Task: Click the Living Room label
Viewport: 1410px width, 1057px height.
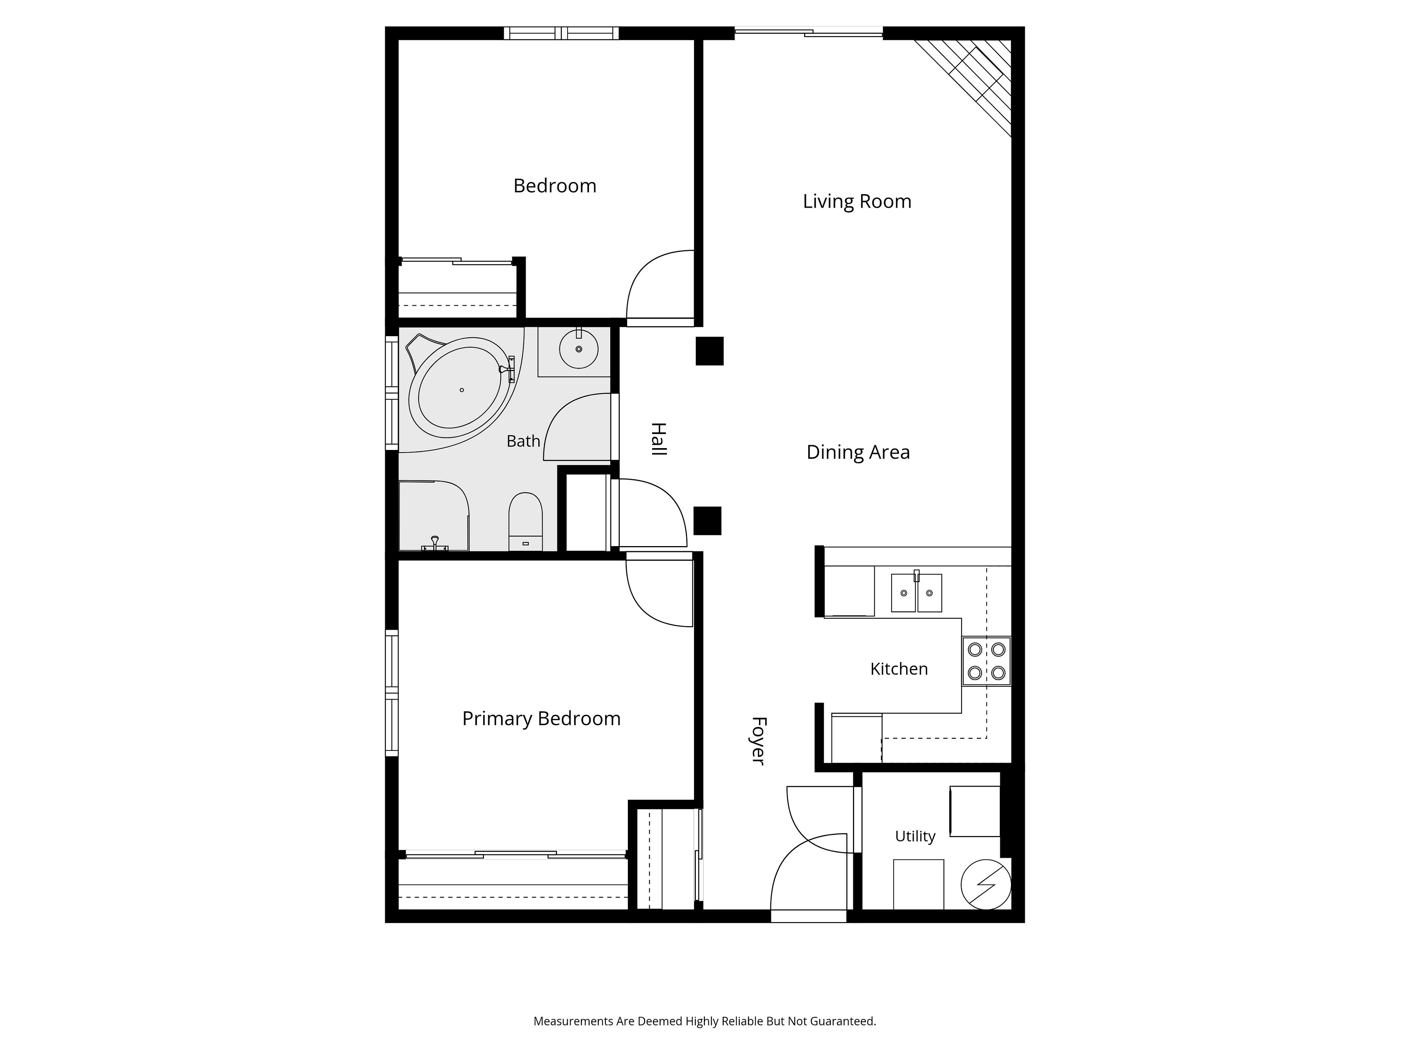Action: [857, 201]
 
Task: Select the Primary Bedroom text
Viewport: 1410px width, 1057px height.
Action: [541, 719]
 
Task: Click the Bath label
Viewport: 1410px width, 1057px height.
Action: [523, 441]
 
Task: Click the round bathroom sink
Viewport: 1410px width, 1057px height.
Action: [579, 349]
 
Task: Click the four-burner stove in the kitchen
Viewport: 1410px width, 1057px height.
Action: [986, 661]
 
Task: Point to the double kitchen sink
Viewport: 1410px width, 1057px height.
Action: [916, 592]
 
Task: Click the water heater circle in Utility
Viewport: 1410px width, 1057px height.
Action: [986, 885]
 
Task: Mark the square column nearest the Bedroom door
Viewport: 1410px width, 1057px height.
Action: [709, 351]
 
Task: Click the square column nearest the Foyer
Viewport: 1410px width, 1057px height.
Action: [708, 520]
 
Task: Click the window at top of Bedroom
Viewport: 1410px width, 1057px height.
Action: [561, 33]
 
